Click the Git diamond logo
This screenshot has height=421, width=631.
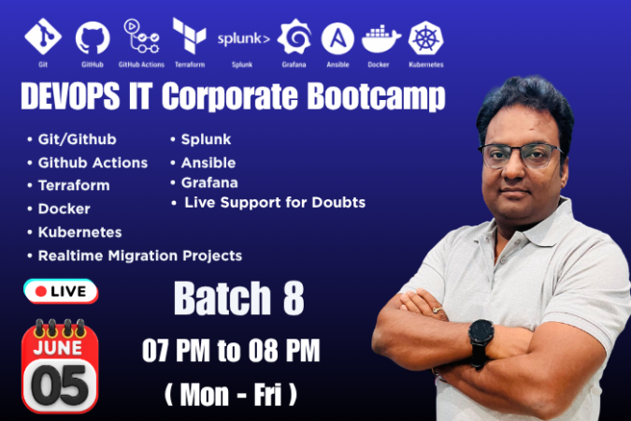(43, 36)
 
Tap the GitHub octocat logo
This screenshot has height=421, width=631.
(93, 37)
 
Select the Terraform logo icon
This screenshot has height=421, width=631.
(189, 36)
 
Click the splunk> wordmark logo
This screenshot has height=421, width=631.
(243, 38)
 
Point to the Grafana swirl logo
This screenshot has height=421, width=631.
(294, 36)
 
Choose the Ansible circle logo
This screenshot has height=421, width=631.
(337, 38)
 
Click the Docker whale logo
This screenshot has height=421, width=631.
(380, 38)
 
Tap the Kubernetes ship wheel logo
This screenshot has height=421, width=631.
(425, 38)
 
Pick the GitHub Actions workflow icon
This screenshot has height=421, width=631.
(141, 36)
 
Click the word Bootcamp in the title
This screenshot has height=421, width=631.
(377, 96)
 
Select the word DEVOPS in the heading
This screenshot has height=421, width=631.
(70, 95)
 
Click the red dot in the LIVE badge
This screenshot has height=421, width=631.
(40, 291)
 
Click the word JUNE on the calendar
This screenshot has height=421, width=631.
(58, 347)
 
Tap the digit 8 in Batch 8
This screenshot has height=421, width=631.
(294, 298)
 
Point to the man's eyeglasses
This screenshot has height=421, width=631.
(521, 155)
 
